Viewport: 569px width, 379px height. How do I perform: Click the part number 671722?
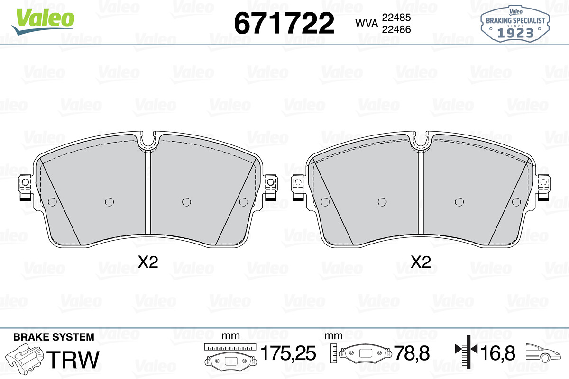coord(284,23)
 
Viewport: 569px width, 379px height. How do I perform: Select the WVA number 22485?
coord(396,18)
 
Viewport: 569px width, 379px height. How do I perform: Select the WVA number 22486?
coord(396,29)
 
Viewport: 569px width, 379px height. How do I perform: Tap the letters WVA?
coord(366,23)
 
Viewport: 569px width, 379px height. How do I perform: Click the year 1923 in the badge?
coord(515,33)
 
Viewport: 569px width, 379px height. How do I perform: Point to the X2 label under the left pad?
coord(148,262)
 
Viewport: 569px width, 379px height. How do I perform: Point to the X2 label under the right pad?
coord(421,262)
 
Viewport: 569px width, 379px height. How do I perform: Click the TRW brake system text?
coord(73,359)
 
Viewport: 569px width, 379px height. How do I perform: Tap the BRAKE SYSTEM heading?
coord(54,337)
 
